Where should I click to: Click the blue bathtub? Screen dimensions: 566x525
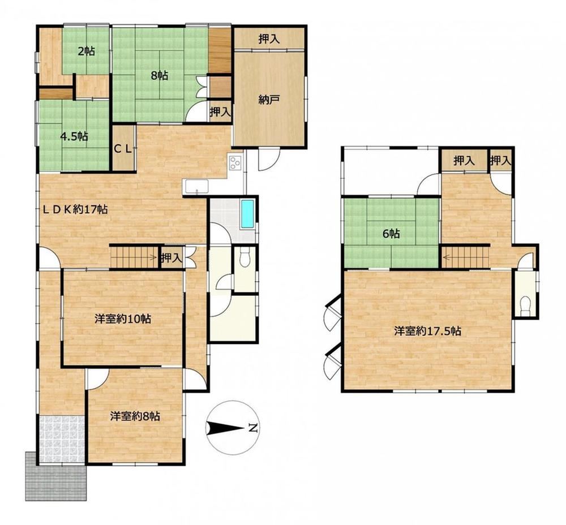(x=247, y=214)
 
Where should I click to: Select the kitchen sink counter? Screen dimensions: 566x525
(x=195, y=187)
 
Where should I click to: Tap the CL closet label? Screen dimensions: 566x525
(x=123, y=149)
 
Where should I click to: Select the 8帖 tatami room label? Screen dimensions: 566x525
(x=159, y=76)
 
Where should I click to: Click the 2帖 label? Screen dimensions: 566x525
(x=86, y=51)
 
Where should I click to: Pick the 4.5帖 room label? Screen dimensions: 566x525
(x=74, y=137)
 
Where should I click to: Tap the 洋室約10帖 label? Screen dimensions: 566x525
(x=123, y=319)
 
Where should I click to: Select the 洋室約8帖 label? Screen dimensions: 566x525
(x=135, y=416)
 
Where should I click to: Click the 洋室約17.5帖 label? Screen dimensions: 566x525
(x=427, y=331)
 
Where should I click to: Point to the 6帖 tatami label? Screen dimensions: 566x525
(x=391, y=234)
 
